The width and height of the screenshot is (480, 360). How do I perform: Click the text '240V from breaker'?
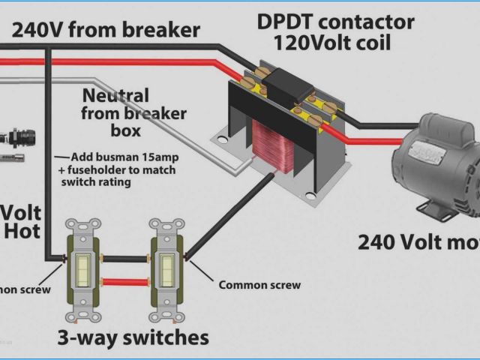[x=104, y=30]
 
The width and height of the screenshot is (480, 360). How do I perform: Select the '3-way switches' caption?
[x=133, y=337]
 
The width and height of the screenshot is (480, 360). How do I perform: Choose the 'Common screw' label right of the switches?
[x=259, y=285]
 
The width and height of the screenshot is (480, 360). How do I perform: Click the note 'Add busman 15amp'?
[x=124, y=157]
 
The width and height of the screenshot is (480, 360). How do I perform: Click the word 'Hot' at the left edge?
[x=22, y=232]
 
